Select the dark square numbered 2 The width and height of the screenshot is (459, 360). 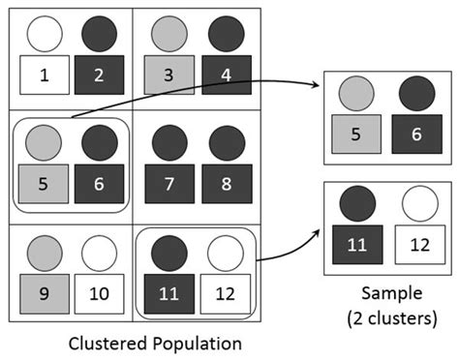(99, 74)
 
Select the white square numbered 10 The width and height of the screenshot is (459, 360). (99, 291)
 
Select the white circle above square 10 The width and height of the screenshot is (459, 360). (99, 253)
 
